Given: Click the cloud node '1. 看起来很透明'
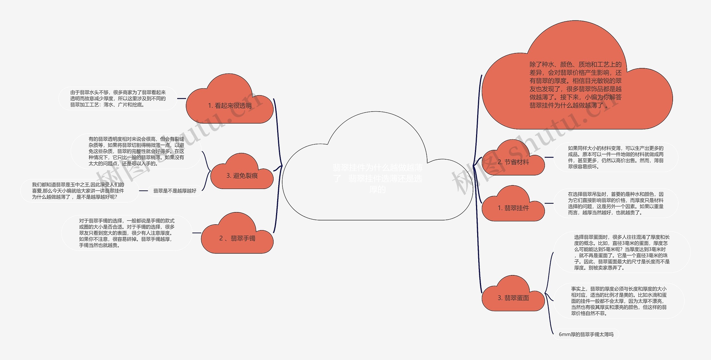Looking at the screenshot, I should click(x=230, y=105).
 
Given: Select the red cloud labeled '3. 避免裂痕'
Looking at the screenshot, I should click(x=242, y=175).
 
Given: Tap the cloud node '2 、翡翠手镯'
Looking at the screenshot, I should click(x=237, y=238).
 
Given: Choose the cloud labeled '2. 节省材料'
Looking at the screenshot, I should click(x=513, y=162).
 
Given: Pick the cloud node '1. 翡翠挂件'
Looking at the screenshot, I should click(x=513, y=208).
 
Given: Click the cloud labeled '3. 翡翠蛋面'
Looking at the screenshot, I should click(x=513, y=298).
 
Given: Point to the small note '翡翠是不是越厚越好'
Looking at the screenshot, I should click(x=175, y=191).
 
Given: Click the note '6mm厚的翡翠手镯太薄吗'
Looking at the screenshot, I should click(x=586, y=334).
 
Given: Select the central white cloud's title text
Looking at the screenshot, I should click(x=377, y=178).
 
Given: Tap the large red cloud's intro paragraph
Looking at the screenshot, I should click(x=575, y=85).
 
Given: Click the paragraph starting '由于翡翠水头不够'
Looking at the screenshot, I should click(x=118, y=99).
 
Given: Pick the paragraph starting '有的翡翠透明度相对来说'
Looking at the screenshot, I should click(x=136, y=151).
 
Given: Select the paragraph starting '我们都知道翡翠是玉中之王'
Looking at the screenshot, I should click(x=78, y=191).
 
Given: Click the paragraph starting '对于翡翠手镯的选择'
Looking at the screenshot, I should click(x=127, y=233).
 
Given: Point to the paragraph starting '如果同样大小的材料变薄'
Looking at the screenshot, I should click(x=615, y=157).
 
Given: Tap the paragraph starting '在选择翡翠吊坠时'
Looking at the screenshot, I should click(x=615, y=203).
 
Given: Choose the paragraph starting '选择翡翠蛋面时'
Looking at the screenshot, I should click(x=622, y=252).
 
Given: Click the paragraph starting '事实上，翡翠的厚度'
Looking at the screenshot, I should click(x=619, y=301).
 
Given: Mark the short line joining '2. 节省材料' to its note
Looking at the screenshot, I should click(x=549, y=157).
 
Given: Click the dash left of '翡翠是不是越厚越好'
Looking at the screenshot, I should click(x=143, y=191).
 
